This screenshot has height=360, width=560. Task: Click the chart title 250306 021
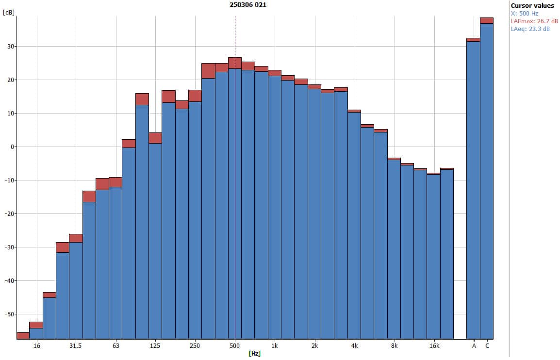[x=247, y=4]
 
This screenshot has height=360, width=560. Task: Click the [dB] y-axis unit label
[x=8, y=13]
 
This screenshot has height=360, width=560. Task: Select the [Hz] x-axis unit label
[x=254, y=353]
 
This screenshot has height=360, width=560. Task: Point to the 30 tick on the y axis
[x=10, y=47]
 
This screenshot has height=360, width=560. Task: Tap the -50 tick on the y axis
[x=9, y=314]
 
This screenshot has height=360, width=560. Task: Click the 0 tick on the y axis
[x=12, y=147]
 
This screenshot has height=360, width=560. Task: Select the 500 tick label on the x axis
[x=235, y=346]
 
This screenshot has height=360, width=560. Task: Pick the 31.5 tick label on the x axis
[x=75, y=346]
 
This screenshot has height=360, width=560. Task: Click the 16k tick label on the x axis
[x=434, y=346]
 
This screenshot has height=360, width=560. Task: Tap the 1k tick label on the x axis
[x=275, y=346]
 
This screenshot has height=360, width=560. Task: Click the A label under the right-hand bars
[x=474, y=346]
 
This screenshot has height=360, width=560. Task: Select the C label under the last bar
[x=487, y=346]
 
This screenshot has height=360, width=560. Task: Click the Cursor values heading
[x=532, y=6]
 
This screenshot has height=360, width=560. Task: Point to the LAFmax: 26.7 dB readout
[x=534, y=21]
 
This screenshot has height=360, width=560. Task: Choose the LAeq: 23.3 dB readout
[x=530, y=29]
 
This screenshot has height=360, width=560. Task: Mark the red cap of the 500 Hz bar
[x=235, y=63]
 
